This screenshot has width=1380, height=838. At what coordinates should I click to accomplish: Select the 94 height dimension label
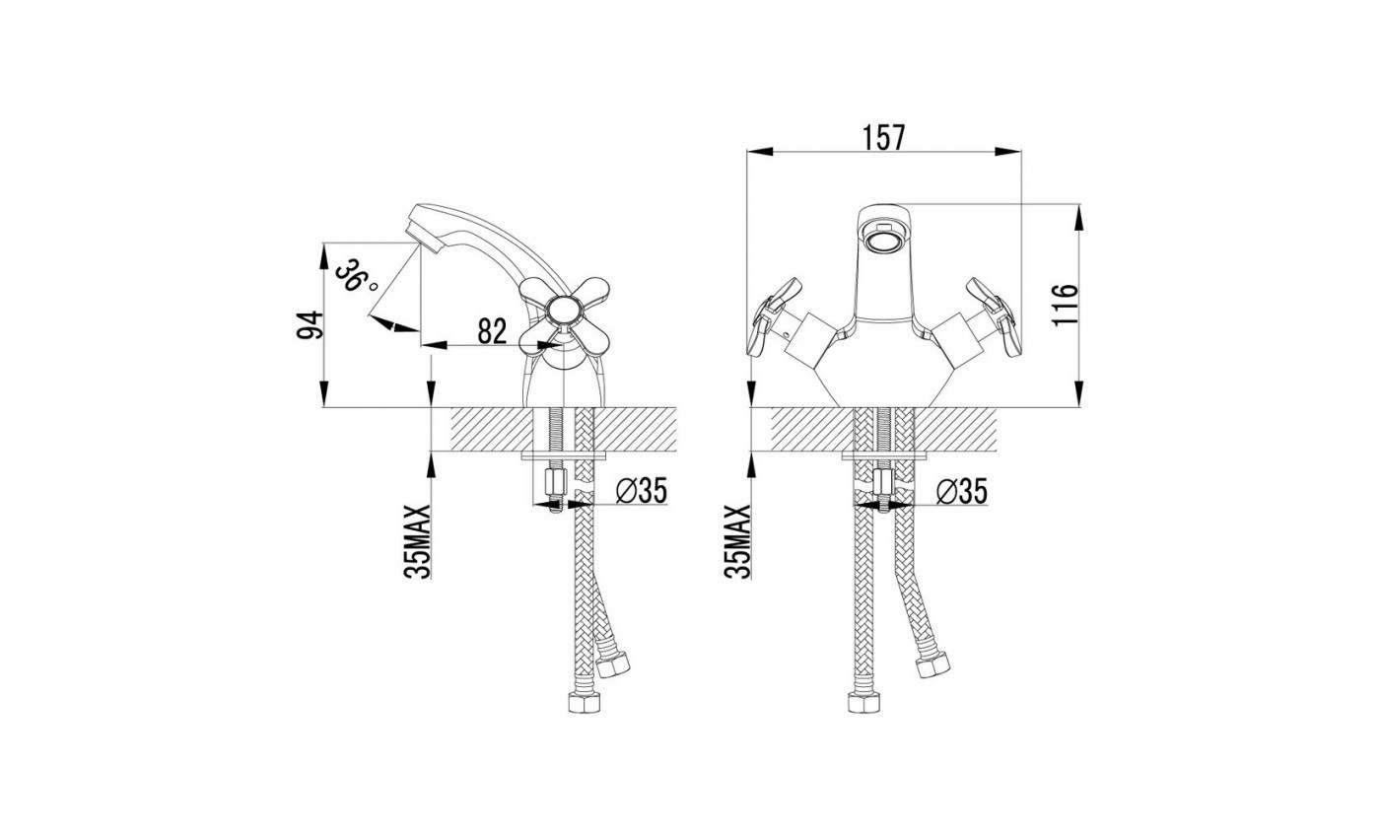pyautogui.click(x=310, y=325)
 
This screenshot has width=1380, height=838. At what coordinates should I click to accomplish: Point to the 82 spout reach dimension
pyautogui.click(x=492, y=331)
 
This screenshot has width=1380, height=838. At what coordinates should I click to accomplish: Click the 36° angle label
pyautogui.click(x=357, y=277)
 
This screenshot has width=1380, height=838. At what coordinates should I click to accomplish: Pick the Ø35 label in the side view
pyautogui.click(x=642, y=491)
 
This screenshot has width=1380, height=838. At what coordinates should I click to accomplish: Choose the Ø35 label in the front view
pyautogui.click(x=962, y=491)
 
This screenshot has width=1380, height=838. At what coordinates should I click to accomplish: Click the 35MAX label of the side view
pyautogui.click(x=417, y=541)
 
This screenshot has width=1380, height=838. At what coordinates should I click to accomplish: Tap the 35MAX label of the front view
pyautogui.click(x=737, y=541)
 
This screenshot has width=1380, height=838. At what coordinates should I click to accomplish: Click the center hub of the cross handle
pyautogui.click(x=564, y=312)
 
